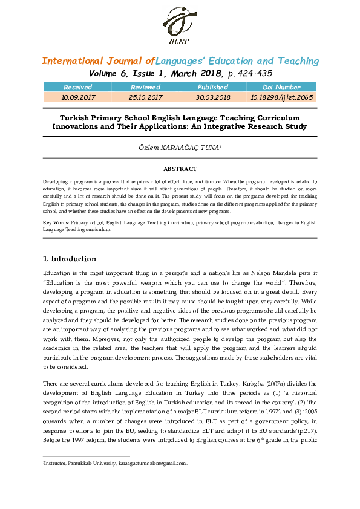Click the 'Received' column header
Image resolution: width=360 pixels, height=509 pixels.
tap(77, 88)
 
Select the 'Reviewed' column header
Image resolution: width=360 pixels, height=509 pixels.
tap(145, 88)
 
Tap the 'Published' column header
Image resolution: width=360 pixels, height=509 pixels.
tap(213, 88)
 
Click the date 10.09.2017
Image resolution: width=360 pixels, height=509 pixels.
tap(77, 97)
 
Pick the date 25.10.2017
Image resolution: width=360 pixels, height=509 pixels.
tap(145, 97)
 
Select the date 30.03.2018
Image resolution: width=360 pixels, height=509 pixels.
tap(213, 97)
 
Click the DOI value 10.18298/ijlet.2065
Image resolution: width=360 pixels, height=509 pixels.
tap(281, 97)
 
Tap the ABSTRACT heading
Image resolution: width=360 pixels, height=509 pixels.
tap(180, 169)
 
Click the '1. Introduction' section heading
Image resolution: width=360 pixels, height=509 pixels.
tap(69, 259)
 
